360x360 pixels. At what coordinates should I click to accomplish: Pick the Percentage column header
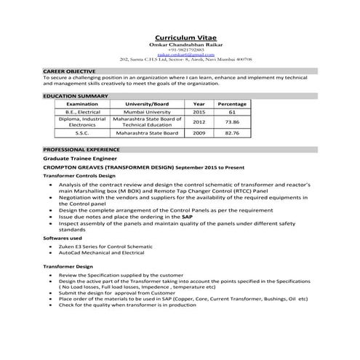click(232, 104)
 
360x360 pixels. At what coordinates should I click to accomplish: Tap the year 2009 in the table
click(199, 134)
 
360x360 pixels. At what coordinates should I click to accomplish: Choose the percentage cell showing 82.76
click(232, 134)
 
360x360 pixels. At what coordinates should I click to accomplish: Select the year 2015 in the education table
click(199, 112)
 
